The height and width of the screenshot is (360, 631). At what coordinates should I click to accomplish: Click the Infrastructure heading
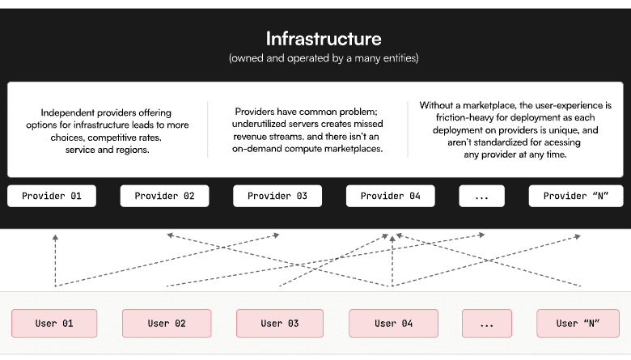click(x=324, y=39)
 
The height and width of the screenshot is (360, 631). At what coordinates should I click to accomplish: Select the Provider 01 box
click(x=52, y=196)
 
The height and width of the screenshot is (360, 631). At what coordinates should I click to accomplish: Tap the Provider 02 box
click(x=164, y=196)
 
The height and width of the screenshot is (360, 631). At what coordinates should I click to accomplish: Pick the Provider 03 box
click(x=277, y=196)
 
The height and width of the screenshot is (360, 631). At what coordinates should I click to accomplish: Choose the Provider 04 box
click(x=391, y=196)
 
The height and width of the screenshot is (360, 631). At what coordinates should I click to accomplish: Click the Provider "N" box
click(x=576, y=196)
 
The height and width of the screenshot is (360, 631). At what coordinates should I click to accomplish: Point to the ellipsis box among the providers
click(x=481, y=196)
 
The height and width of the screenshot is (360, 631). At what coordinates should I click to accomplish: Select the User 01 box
click(x=54, y=324)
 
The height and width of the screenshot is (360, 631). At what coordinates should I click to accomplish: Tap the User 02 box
click(x=167, y=324)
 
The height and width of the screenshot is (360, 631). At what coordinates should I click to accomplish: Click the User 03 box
click(x=280, y=324)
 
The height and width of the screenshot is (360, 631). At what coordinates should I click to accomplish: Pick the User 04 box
click(x=394, y=324)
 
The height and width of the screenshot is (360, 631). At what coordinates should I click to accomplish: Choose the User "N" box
click(x=578, y=324)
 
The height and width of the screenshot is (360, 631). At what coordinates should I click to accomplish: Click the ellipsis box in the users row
click(x=487, y=324)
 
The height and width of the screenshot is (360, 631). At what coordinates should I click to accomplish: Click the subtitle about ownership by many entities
click(x=324, y=58)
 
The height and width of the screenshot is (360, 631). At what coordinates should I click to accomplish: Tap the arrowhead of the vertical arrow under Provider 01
click(x=56, y=238)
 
